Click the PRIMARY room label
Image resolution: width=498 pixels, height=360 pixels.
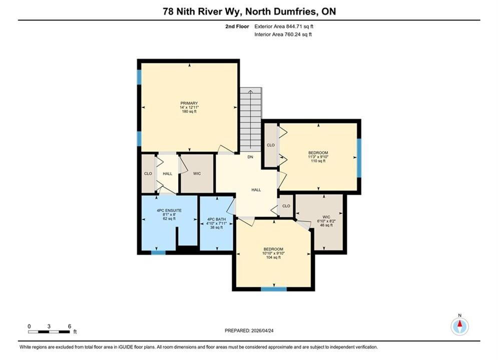coord(189,107)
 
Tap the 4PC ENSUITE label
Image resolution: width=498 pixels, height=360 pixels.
coord(169,214)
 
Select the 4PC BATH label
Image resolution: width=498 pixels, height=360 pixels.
coord(217,223)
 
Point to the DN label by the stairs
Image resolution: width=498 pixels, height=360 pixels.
coord(250,157)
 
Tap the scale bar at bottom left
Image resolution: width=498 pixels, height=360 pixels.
coord(49,332)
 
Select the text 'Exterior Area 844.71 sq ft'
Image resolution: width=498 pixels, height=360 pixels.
coord(284,26)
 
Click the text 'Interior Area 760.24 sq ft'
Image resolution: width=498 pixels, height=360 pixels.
coord(283,34)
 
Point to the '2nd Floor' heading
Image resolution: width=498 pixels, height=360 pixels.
coord(237,26)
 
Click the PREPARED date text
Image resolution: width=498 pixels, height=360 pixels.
coord(249,330)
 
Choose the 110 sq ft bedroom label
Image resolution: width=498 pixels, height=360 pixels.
coord(318,156)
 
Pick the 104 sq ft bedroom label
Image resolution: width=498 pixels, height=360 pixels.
coord(273,253)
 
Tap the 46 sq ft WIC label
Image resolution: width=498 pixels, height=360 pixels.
coord(326,221)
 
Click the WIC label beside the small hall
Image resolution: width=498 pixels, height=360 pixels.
coord(197,173)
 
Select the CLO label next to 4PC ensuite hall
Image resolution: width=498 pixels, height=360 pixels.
coord(148,173)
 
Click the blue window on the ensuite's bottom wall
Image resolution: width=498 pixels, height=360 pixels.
coord(158,253)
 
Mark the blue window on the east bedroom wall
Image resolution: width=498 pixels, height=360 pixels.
coord(359,158)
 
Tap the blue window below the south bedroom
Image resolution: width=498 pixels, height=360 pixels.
coord(274,289)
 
